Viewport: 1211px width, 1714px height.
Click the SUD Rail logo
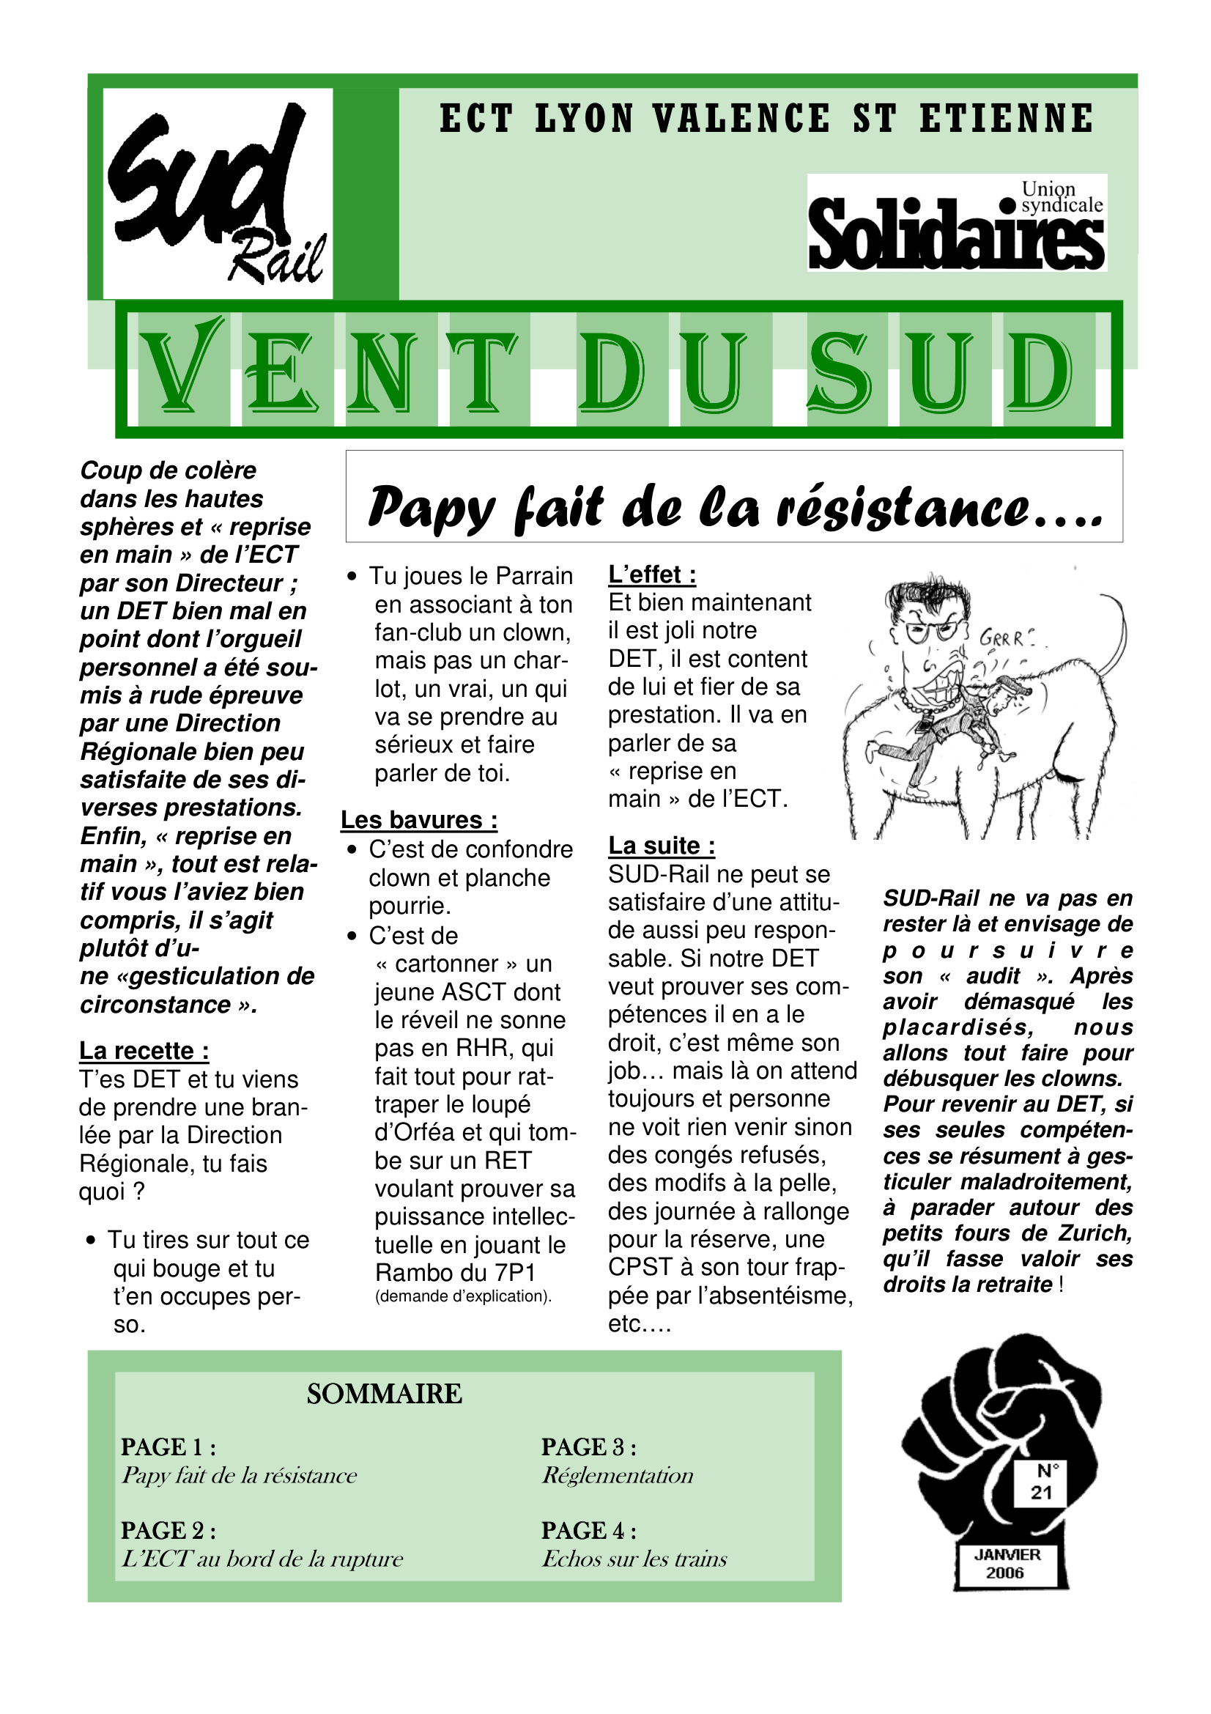217,193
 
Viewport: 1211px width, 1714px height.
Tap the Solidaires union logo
956,223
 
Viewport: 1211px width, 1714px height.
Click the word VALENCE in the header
741,119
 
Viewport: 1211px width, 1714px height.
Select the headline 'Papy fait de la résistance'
734,507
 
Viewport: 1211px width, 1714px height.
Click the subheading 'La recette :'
144,1050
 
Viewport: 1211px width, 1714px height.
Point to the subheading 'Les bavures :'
418,820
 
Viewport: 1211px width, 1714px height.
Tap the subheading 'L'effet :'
652,574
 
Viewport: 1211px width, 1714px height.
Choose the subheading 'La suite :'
661,845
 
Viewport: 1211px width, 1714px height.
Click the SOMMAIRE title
385,1394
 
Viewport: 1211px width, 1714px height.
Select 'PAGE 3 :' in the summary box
589,1447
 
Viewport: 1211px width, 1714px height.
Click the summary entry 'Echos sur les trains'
634,1559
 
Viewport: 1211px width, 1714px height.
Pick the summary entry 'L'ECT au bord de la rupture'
262,1559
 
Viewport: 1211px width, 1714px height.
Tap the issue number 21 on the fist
1042,1492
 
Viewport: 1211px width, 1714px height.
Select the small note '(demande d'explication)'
462,1296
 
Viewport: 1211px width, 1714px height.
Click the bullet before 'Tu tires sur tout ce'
91,1241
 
